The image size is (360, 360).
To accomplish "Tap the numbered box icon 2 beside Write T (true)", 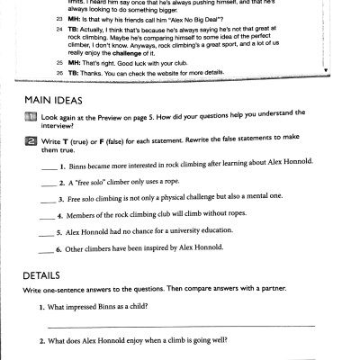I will (x=31, y=142).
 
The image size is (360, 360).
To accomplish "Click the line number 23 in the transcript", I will (x=59, y=18).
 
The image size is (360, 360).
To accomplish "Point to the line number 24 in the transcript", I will (x=59, y=30).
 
